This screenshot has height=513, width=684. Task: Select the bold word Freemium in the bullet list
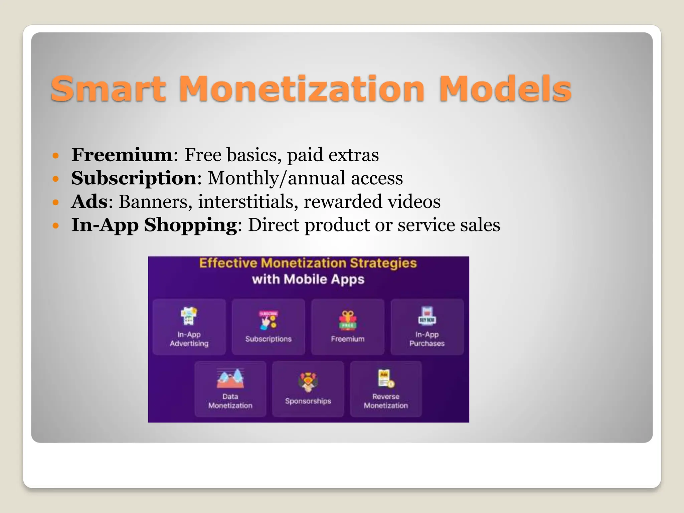[122, 155]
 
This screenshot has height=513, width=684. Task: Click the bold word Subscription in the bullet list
[134, 178]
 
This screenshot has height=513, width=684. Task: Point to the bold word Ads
[89, 201]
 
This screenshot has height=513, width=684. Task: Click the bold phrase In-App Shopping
[154, 225]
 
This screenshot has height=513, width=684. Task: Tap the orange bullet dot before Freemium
[56, 155]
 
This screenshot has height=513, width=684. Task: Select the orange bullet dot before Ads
[56, 202]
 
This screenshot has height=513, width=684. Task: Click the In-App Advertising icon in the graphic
[189, 316]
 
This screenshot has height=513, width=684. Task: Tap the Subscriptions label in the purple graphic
[268, 339]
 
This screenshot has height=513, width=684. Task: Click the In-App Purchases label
[427, 339]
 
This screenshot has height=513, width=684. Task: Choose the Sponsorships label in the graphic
[308, 401]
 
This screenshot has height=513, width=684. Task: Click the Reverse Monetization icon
[386, 378]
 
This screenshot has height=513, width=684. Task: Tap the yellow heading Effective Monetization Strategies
[308, 263]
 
